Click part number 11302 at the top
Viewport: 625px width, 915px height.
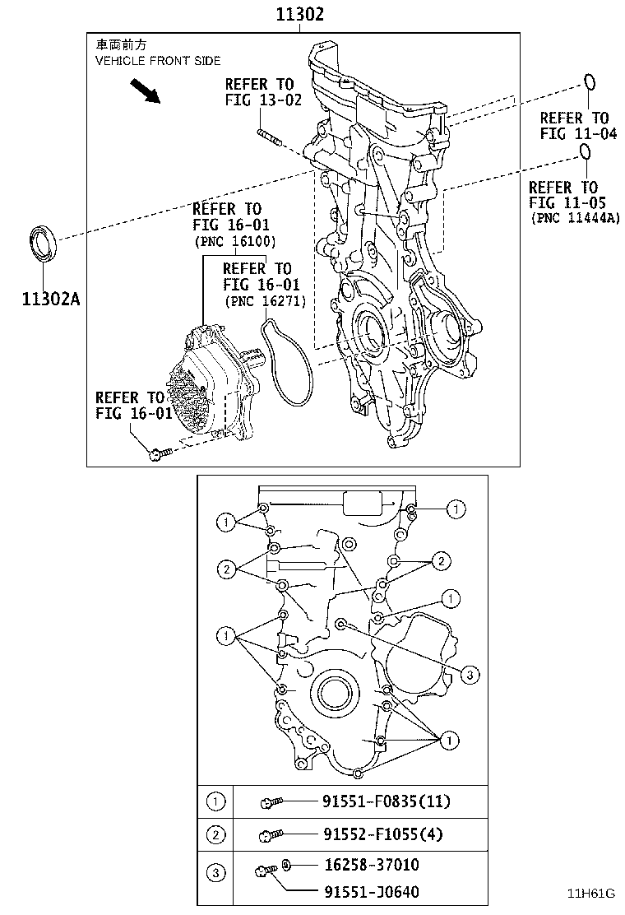(299, 13)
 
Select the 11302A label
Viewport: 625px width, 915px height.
(51, 299)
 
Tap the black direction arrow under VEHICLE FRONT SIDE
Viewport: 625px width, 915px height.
(145, 91)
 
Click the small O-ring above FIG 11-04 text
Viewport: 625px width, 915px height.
(590, 81)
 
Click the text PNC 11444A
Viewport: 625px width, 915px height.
(575, 218)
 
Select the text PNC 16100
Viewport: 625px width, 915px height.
(235, 241)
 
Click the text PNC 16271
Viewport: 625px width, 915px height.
(266, 301)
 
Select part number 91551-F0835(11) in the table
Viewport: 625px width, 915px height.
(387, 801)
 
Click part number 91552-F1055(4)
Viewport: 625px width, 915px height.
(383, 834)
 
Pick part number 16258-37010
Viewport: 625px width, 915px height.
(372, 864)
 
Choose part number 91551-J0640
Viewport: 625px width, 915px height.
(372, 891)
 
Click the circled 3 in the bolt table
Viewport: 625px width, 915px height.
(215, 873)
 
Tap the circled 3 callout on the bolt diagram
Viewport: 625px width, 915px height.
(470, 676)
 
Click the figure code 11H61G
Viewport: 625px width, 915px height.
(592, 894)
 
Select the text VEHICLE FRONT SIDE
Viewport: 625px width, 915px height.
(158, 61)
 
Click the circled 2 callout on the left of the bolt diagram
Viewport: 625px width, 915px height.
(226, 569)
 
